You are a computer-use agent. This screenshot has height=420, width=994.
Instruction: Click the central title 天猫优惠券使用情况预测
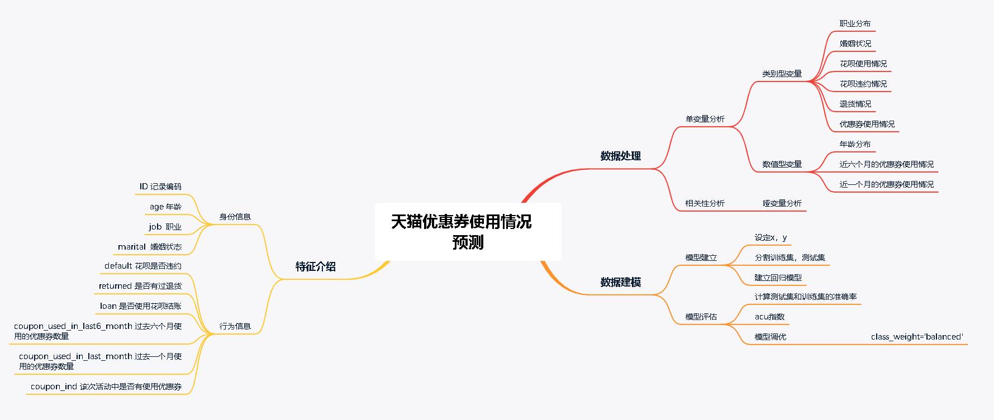click(x=462, y=231)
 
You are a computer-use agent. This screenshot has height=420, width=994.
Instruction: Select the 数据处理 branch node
click(x=620, y=156)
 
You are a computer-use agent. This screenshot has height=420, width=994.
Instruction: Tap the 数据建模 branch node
click(x=620, y=282)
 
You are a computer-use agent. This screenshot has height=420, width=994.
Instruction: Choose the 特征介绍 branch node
click(x=315, y=266)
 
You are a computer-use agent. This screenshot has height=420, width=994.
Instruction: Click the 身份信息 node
click(x=235, y=217)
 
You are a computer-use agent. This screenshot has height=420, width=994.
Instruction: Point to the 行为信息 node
click(x=235, y=326)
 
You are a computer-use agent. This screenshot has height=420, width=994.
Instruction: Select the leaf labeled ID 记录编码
click(x=160, y=187)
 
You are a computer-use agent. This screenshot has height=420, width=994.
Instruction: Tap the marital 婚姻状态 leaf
click(x=149, y=247)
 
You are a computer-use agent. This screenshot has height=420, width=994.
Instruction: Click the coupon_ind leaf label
click(x=106, y=386)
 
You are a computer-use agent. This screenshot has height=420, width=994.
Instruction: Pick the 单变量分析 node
click(x=705, y=119)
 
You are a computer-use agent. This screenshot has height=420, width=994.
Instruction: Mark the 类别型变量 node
click(x=782, y=74)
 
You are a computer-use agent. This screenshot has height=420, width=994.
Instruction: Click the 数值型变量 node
click(x=782, y=164)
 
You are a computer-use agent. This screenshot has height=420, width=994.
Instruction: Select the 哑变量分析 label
click(x=782, y=203)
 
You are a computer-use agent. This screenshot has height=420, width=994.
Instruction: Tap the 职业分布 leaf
click(x=855, y=23)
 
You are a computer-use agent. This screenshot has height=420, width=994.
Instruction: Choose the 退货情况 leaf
click(x=855, y=104)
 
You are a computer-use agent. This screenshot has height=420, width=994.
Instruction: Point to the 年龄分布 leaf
click(x=855, y=144)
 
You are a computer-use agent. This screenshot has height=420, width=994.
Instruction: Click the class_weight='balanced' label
click(x=917, y=337)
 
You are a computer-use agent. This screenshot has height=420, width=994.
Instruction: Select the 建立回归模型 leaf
click(x=778, y=278)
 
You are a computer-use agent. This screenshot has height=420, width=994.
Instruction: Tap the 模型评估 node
click(x=701, y=317)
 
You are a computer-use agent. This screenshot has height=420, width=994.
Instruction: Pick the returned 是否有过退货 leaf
click(x=140, y=286)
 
